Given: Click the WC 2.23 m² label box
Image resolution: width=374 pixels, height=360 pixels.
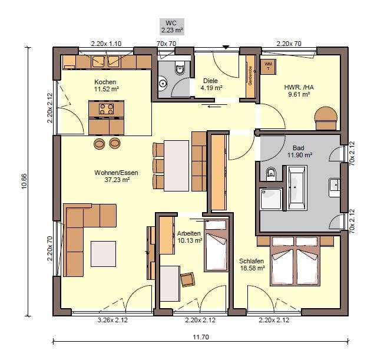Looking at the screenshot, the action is (172, 27).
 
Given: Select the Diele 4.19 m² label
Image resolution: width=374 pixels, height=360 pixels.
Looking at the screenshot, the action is (211, 84).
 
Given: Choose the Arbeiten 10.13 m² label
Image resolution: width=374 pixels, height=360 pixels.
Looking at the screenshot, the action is (190, 237).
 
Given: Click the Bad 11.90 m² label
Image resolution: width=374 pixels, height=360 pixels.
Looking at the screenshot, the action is (299, 151).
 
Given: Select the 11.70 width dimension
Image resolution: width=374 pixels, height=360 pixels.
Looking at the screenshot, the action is (201, 337).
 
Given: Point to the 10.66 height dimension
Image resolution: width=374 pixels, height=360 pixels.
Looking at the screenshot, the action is (25, 181).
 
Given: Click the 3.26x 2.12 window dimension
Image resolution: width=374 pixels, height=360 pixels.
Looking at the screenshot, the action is (112, 320).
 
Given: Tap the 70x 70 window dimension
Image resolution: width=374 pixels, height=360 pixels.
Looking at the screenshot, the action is (166, 44).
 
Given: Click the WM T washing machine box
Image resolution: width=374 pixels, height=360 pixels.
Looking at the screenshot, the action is (269, 67).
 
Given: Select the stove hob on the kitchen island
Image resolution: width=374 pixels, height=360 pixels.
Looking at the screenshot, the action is (107, 109).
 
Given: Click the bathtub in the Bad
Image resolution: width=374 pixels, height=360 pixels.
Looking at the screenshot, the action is (297, 188).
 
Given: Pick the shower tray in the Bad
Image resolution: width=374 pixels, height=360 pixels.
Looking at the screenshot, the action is (271, 199).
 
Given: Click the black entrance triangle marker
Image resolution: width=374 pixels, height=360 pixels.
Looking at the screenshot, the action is (226, 47).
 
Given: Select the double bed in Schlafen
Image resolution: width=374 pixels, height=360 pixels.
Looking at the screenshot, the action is (295, 261).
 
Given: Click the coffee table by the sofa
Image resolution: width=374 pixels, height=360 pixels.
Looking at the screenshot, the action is (103, 254).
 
